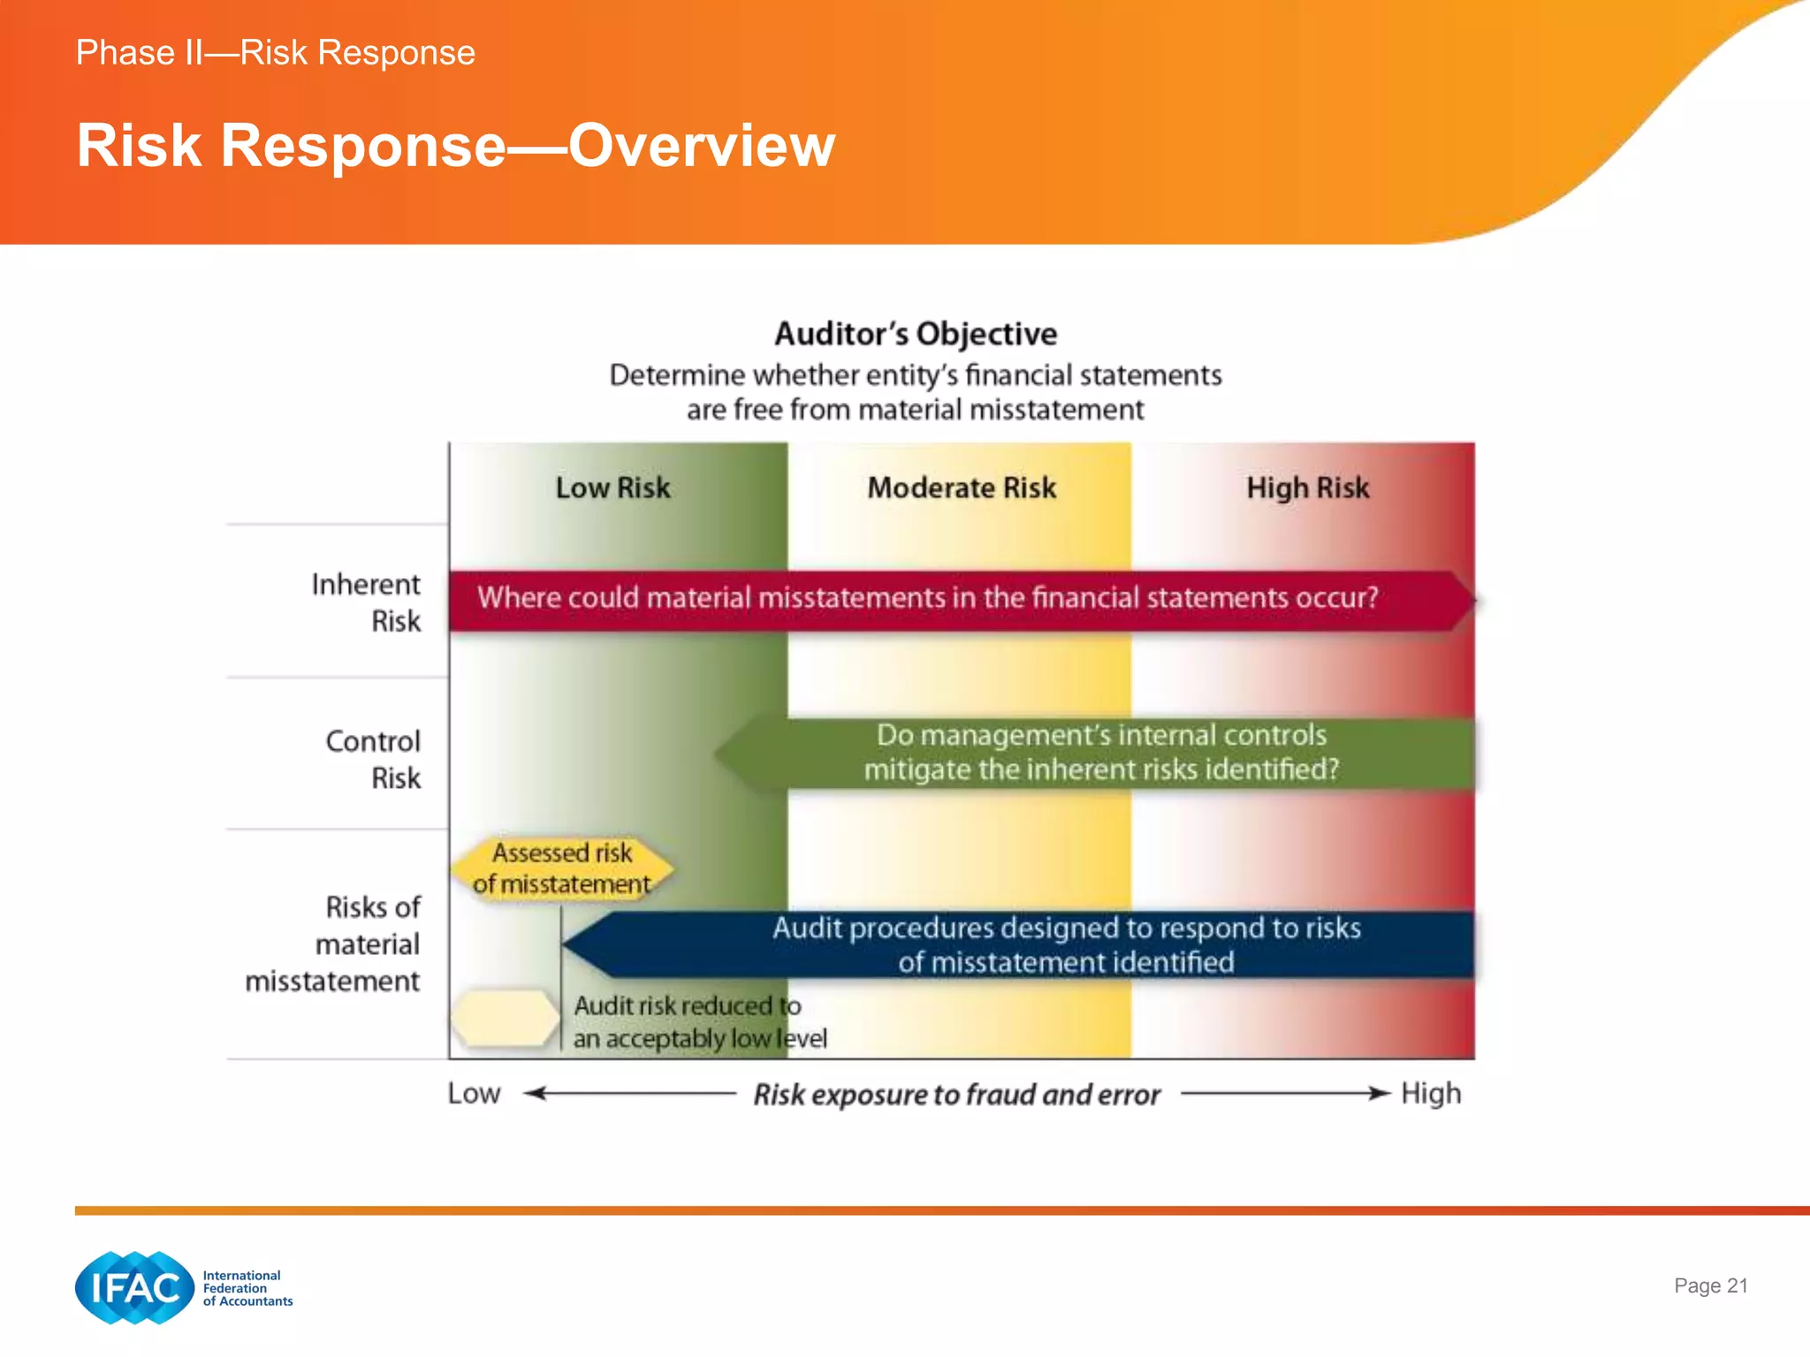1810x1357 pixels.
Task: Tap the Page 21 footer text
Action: [1710, 1285]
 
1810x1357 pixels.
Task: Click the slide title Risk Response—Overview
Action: [455, 146]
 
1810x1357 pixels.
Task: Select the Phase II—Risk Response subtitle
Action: [275, 53]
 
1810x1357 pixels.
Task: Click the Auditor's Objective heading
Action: [916, 334]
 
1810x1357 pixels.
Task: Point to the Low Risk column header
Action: [612, 488]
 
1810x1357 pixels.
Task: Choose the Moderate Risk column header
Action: [962, 488]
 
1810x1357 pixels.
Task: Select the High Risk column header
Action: [1307, 488]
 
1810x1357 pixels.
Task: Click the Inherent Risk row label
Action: [367, 603]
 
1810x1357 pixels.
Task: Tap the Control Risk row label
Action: [374, 759]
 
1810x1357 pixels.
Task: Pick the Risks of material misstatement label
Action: [334, 944]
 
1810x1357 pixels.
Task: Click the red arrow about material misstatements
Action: [928, 599]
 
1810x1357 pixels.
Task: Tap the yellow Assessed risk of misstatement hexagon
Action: [562, 868]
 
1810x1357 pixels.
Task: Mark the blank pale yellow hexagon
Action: [505, 1019]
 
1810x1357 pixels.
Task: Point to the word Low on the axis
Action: [474, 1094]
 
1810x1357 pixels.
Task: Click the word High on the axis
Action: [1430, 1094]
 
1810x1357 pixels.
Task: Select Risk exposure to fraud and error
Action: [956, 1095]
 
